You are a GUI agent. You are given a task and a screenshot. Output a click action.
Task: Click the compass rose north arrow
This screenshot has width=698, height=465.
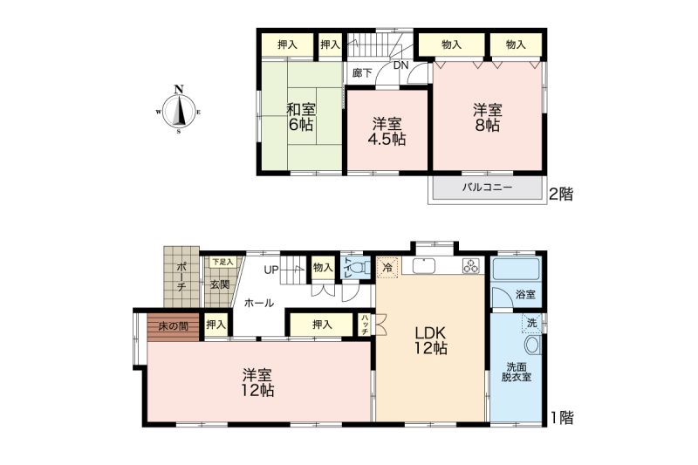(x=179, y=110)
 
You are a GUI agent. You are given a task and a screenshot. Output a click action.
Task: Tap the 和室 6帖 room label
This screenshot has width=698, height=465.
(x=301, y=117)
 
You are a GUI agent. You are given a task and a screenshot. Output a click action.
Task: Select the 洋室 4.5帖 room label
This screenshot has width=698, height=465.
(x=387, y=131)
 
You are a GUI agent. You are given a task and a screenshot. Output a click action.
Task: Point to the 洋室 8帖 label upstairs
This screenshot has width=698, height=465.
(x=488, y=117)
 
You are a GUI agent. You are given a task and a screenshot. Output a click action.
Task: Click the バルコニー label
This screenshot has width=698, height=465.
(x=487, y=188)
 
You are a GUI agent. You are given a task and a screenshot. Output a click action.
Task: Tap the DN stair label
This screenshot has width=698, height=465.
(x=400, y=65)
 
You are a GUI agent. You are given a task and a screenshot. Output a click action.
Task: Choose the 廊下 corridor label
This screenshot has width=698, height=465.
(x=362, y=72)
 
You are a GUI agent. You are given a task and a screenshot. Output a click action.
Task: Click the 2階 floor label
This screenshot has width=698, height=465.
(x=561, y=194)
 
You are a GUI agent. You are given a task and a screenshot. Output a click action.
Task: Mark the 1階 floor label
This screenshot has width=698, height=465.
(x=562, y=417)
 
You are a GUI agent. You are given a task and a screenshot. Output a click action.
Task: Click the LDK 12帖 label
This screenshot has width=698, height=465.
(x=430, y=340)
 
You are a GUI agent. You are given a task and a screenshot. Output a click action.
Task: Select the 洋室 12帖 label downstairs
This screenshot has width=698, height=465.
(x=257, y=383)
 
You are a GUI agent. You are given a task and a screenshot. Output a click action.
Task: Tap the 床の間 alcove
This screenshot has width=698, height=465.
(x=173, y=327)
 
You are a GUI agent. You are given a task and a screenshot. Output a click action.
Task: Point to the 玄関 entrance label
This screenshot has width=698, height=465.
(x=220, y=284)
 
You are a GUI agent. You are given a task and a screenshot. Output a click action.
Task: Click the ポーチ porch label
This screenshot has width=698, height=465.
(x=181, y=277)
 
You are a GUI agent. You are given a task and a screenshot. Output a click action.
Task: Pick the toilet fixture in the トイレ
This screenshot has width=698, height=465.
(x=365, y=268)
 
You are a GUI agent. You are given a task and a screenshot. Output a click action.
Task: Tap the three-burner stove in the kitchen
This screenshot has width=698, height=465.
(x=471, y=265)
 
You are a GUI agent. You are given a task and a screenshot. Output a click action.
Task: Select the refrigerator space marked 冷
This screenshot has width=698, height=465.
(x=387, y=268)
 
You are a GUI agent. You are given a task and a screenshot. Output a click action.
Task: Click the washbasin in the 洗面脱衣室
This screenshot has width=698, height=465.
(x=532, y=345)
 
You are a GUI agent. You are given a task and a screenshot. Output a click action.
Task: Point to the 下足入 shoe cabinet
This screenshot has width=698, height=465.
(x=222, y=262)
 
